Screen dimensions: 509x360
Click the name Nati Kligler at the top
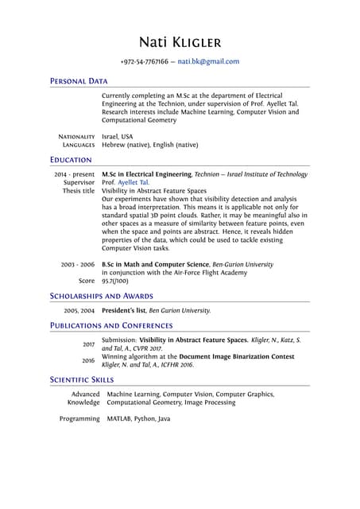180,41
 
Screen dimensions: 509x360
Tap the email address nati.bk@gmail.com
208,61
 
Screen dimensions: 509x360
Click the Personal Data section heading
79,81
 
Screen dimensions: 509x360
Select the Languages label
79,146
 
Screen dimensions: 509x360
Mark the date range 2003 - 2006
78,264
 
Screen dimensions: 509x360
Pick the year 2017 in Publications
87,344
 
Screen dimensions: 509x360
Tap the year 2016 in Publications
87,359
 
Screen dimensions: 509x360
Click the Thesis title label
78,191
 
